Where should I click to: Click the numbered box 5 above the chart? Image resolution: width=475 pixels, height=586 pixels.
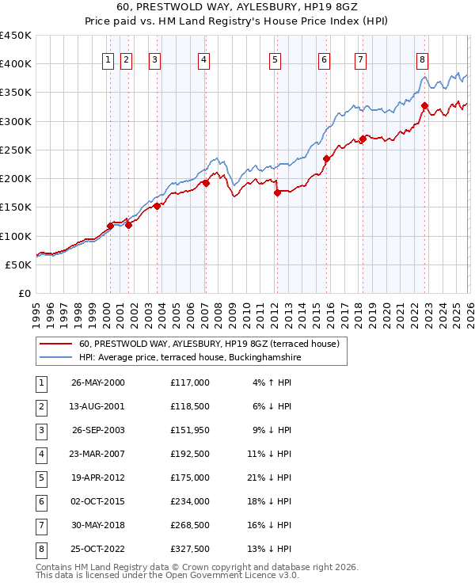point(275,59)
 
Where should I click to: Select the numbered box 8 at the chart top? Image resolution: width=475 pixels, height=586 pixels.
point(423,59)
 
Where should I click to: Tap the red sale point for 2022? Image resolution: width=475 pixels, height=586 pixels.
point(425,105)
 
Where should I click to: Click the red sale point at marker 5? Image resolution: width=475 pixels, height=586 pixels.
point(277,192)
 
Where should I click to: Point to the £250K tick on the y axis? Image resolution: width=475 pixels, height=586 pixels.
point(17,150)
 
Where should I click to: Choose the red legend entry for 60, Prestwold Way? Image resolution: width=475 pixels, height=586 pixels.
point(209,344)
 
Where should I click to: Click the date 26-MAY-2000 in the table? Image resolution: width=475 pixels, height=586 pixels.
point(98,382)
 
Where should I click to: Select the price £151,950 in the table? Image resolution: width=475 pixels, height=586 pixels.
point(190,430)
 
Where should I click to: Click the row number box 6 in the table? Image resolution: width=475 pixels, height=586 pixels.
point(40,501)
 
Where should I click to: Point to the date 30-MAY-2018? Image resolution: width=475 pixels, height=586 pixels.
point(98,525)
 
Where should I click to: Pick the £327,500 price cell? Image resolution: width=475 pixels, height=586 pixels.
point(190,549)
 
